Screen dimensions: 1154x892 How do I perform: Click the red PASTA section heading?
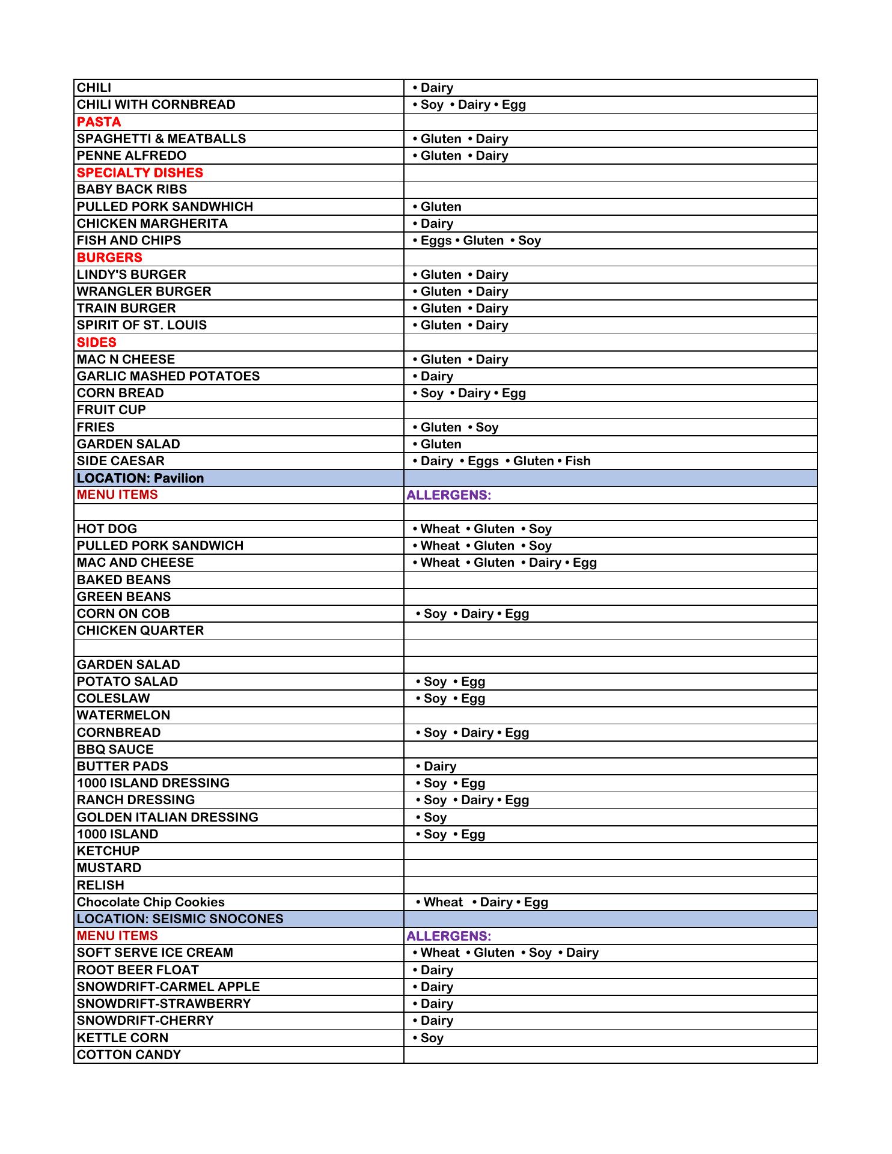tap(99, 122)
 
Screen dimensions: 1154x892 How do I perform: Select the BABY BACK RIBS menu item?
tap(132, 189)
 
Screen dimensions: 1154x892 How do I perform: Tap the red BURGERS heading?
tap(109, 257)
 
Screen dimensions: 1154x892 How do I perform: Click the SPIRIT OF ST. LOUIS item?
tap(142, 325)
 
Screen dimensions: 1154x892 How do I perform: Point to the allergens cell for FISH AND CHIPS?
tap(477, 240)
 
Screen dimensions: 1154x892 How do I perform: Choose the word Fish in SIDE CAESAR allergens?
tap(578, 461)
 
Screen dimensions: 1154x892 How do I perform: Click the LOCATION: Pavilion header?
tap(140, 478)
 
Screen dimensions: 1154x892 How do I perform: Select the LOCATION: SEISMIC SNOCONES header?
tap(180, 919)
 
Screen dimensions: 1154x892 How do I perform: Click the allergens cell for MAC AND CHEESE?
tap(505, 563)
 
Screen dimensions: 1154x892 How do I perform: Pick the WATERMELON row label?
tap(123, 715)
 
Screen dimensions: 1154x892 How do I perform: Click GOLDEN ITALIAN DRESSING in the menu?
tap(167, 817)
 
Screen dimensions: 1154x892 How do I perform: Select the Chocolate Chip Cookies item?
tap(150, 902)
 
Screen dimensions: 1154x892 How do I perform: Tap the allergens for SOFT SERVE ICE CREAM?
tap(506, 953)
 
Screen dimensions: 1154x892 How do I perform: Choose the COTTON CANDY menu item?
tap(129, 1055)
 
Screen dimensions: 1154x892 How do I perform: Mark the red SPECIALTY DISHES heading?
tap(140, 172)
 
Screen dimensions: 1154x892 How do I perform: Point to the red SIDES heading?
tap(97, 343)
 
